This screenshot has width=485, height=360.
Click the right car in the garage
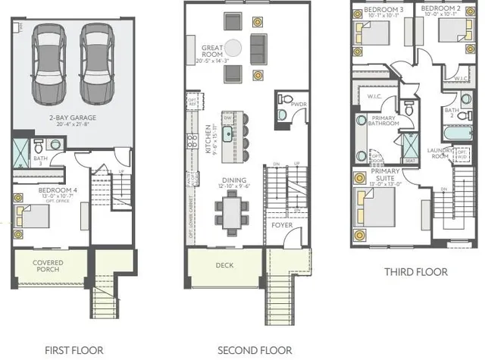click(96, 61)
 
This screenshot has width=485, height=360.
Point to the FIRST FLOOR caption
click(74, 350)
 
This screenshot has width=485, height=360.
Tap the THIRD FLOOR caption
click(415, 271)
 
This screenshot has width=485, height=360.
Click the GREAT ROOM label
click(211, 52)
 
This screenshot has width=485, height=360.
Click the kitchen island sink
click(226, 136)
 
